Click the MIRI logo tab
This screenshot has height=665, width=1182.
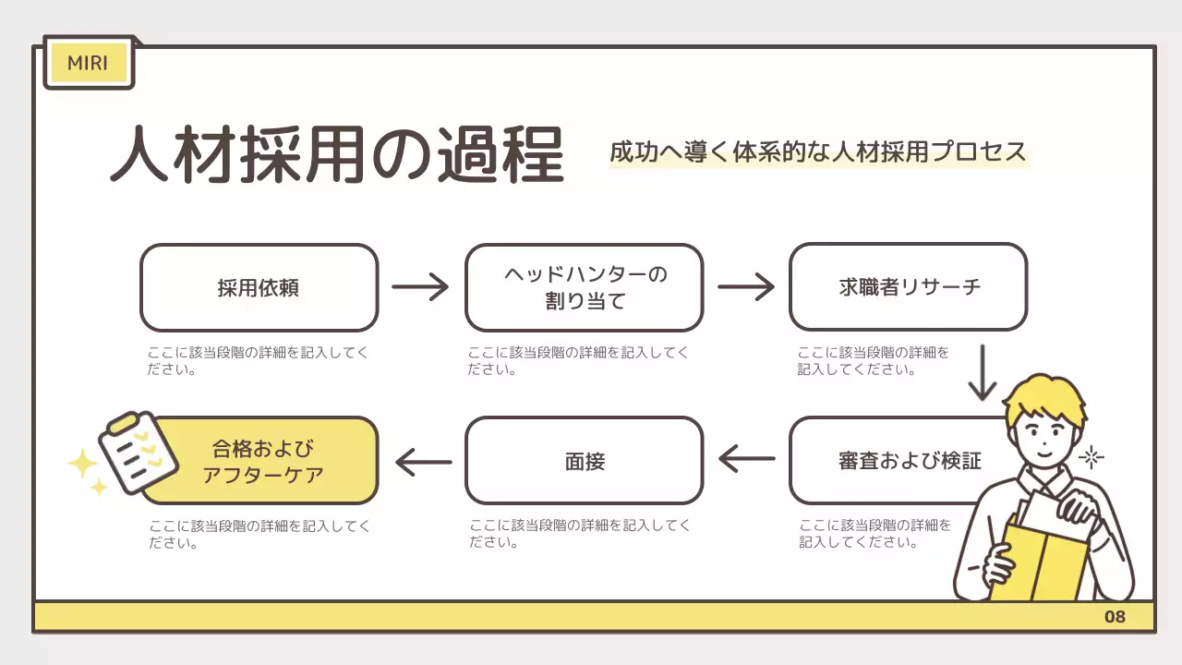coord(88,63)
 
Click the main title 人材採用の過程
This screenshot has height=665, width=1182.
coord(336,154)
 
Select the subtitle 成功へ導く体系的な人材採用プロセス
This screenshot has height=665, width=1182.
coord(817,151)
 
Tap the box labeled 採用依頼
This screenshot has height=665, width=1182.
coord(259,287)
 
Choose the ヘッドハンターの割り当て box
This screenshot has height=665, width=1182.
coord(584,287)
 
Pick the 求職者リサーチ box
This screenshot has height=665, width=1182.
coord(908,287)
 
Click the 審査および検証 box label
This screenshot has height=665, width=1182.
coord(909,460)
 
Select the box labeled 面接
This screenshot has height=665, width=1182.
coord(584,460)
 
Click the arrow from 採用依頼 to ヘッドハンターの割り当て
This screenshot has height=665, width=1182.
coord(420,287)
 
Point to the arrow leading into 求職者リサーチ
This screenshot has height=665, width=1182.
coord(746,287)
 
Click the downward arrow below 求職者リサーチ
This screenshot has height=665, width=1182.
coord(983,372)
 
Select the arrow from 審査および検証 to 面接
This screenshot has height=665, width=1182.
coord(746,458)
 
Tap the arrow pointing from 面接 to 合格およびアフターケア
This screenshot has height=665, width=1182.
coord(423,460)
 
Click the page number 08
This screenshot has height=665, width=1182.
coord(1115,617)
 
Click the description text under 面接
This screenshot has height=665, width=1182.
coord(579,534)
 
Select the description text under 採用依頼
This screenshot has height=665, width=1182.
coord(258,361)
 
